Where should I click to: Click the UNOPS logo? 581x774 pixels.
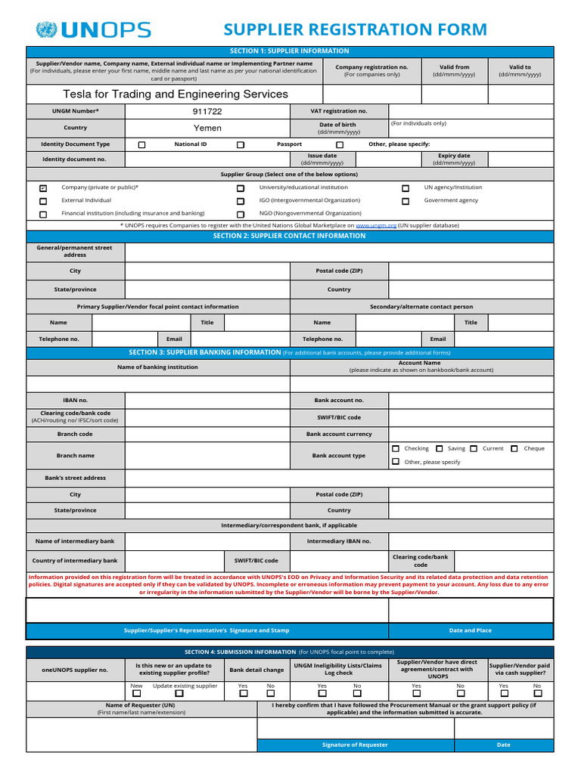coord(93,30)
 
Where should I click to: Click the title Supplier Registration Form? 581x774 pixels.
coord(355,29)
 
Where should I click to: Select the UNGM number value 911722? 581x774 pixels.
coord(207,111)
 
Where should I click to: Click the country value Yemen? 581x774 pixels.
coord(207,128)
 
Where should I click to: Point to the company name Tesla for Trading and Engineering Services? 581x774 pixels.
coord(175,94)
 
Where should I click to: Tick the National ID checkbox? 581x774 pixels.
coord(142,144)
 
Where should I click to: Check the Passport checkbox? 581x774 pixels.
coord(241,144)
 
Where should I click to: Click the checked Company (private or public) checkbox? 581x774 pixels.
coord(43,188)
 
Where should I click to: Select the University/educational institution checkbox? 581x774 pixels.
coord(241,188)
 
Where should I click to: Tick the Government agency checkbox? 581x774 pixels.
coord(405,201)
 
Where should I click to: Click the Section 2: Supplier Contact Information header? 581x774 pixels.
coord(290,236)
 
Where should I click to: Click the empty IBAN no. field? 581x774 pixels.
coord(207,400)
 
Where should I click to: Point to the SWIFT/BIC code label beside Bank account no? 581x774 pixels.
coord(339,417)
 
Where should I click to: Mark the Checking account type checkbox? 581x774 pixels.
coord(396,449)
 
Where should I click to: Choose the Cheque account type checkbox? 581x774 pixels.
coord(514,449)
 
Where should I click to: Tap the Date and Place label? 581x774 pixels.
coord(470,630)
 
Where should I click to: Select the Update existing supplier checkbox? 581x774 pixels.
coord(179,693)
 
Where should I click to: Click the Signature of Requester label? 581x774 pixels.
coord(355,745)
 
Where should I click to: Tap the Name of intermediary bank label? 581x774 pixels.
coord(75,541)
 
